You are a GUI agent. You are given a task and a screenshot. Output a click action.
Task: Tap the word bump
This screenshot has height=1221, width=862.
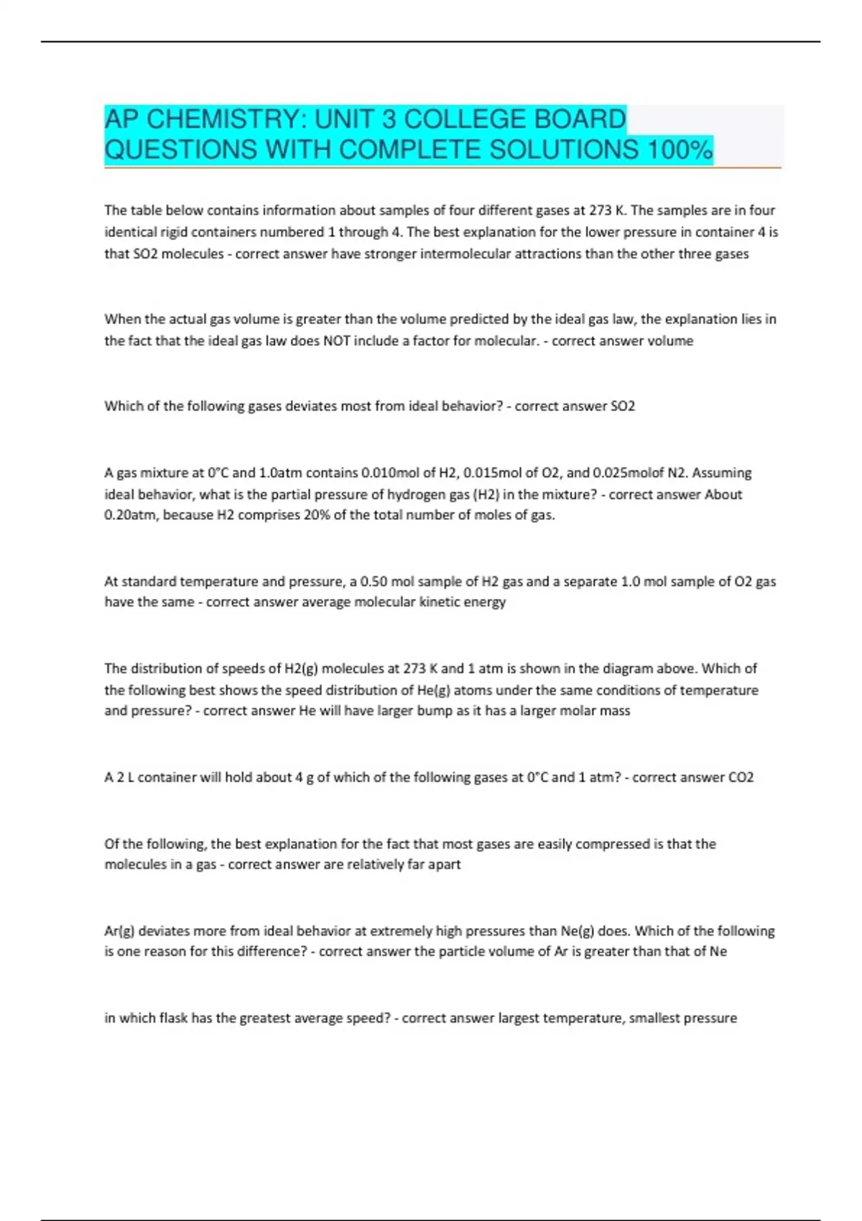click(435, 711)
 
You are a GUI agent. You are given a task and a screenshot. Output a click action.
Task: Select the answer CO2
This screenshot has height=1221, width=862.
click(741, 777)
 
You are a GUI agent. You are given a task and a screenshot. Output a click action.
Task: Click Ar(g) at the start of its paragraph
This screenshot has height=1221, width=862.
click(119, 932)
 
